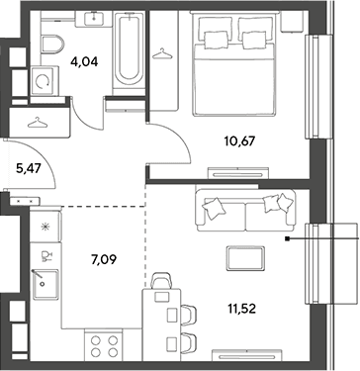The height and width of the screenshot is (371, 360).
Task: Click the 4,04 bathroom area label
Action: click(84, 61)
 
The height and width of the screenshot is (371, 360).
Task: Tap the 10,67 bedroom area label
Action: click(239, 141)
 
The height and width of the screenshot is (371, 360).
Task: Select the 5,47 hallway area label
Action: click(28, 169)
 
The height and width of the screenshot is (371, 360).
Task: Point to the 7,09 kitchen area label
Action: click(104, 260)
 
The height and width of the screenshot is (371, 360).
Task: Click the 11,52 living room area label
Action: click(242, 309)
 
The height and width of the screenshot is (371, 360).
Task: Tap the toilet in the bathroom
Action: click(52, 45)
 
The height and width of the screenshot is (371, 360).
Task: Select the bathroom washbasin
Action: click(95, 18)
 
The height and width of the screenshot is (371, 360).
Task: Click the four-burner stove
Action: click(104, 346)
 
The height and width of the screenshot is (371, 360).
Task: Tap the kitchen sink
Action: click(46, 284)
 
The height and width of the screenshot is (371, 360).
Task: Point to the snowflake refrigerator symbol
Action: click(44, 227)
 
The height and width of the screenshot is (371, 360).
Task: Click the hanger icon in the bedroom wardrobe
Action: click(162, 54)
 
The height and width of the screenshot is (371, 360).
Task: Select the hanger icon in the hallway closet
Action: click(38, 123)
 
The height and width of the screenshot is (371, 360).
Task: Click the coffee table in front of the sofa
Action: click(246, 258)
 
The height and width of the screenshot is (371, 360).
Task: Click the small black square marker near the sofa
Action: click(288, 238)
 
